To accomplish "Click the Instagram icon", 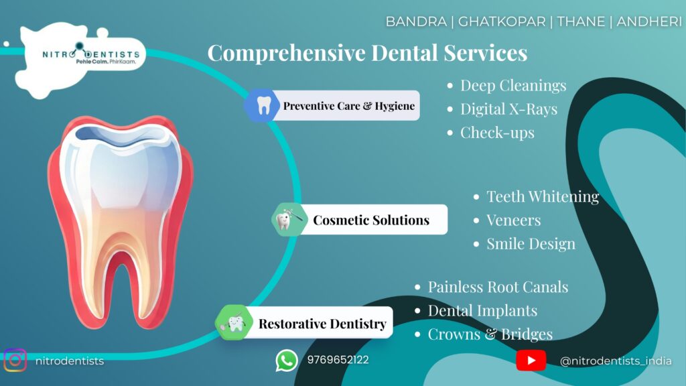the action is (15, 360).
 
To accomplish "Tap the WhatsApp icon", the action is (287, 361).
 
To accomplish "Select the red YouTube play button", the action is (531, 360).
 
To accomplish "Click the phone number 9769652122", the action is (338, 360).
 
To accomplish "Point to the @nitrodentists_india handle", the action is (616, 361).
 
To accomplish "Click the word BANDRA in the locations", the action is (416, 21).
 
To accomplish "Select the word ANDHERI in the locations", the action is (648, 21).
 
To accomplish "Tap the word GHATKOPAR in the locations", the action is (502, 21).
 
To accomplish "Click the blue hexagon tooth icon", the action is (262, 105).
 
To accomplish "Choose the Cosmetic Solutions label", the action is (371, 220).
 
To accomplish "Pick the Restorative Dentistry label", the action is (322, 324).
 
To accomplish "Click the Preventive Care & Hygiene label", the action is (348, 106).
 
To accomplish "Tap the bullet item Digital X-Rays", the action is (509, 109).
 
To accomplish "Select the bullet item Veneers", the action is (514, 220).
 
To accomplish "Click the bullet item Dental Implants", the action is (482, 310).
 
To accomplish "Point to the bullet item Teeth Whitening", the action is (543, 196).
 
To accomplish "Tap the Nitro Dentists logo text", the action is (91, 55).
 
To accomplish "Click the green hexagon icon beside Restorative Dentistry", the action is (234, 322).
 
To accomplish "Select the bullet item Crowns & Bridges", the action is (490, 334).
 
